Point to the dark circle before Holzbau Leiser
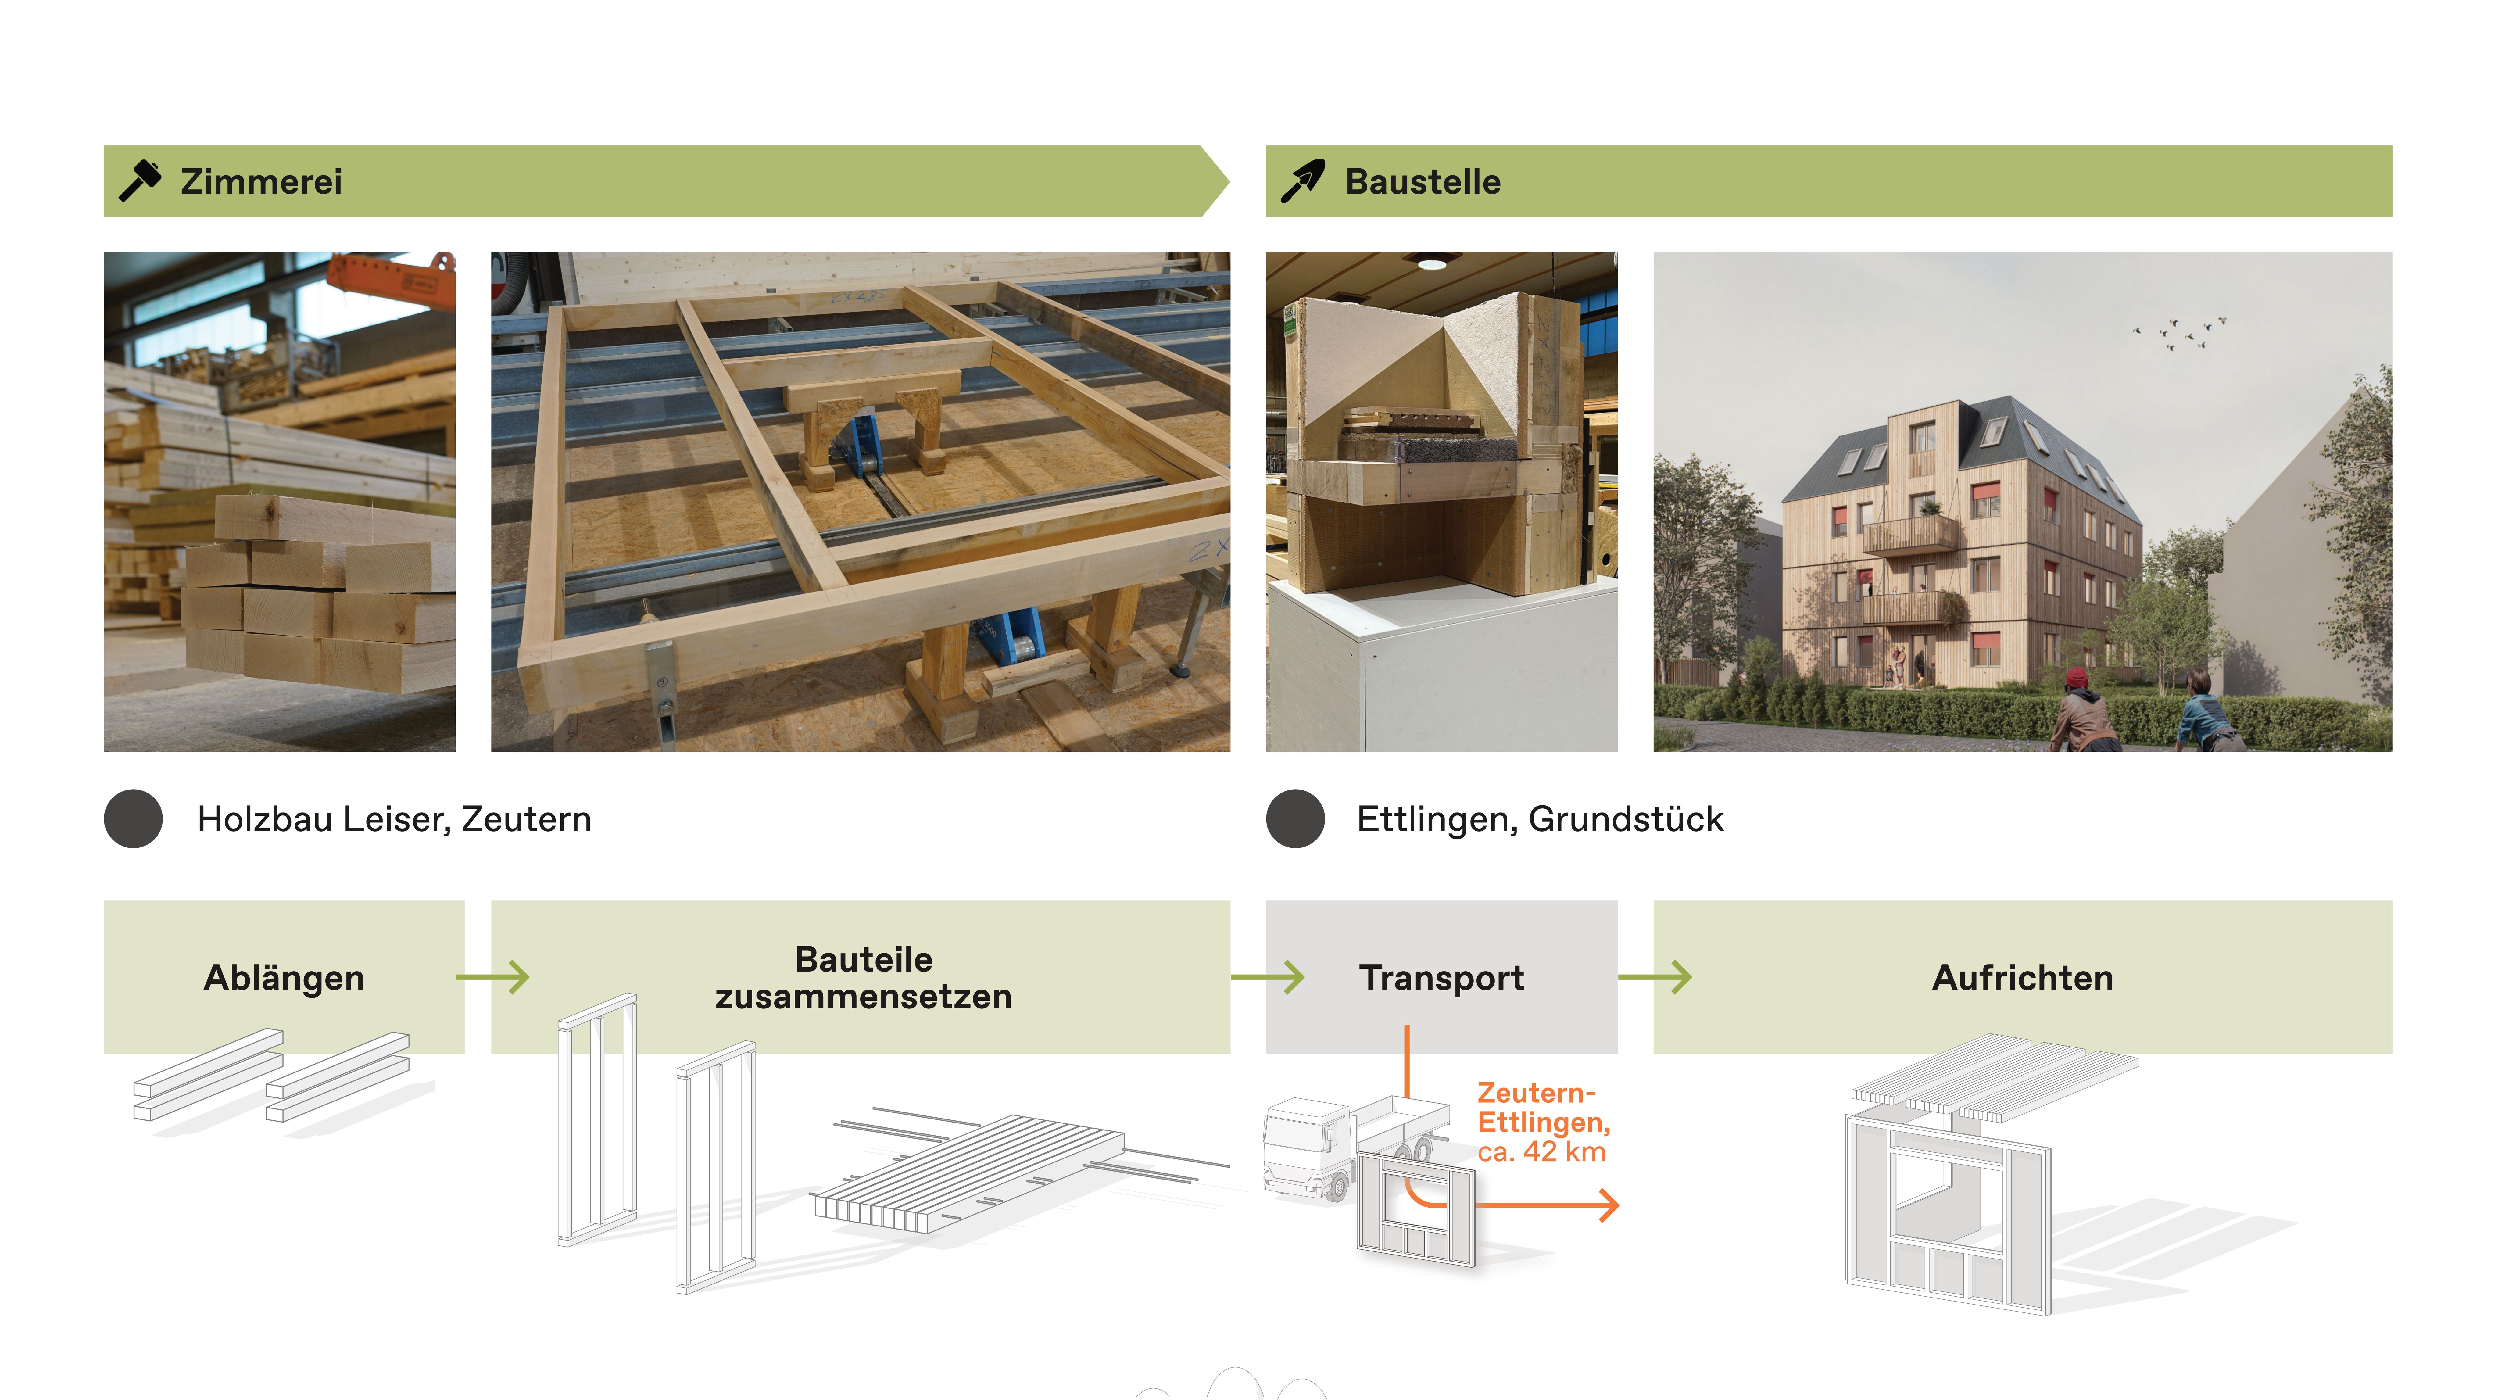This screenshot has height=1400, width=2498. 133,819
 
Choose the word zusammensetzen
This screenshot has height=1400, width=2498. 863,997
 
